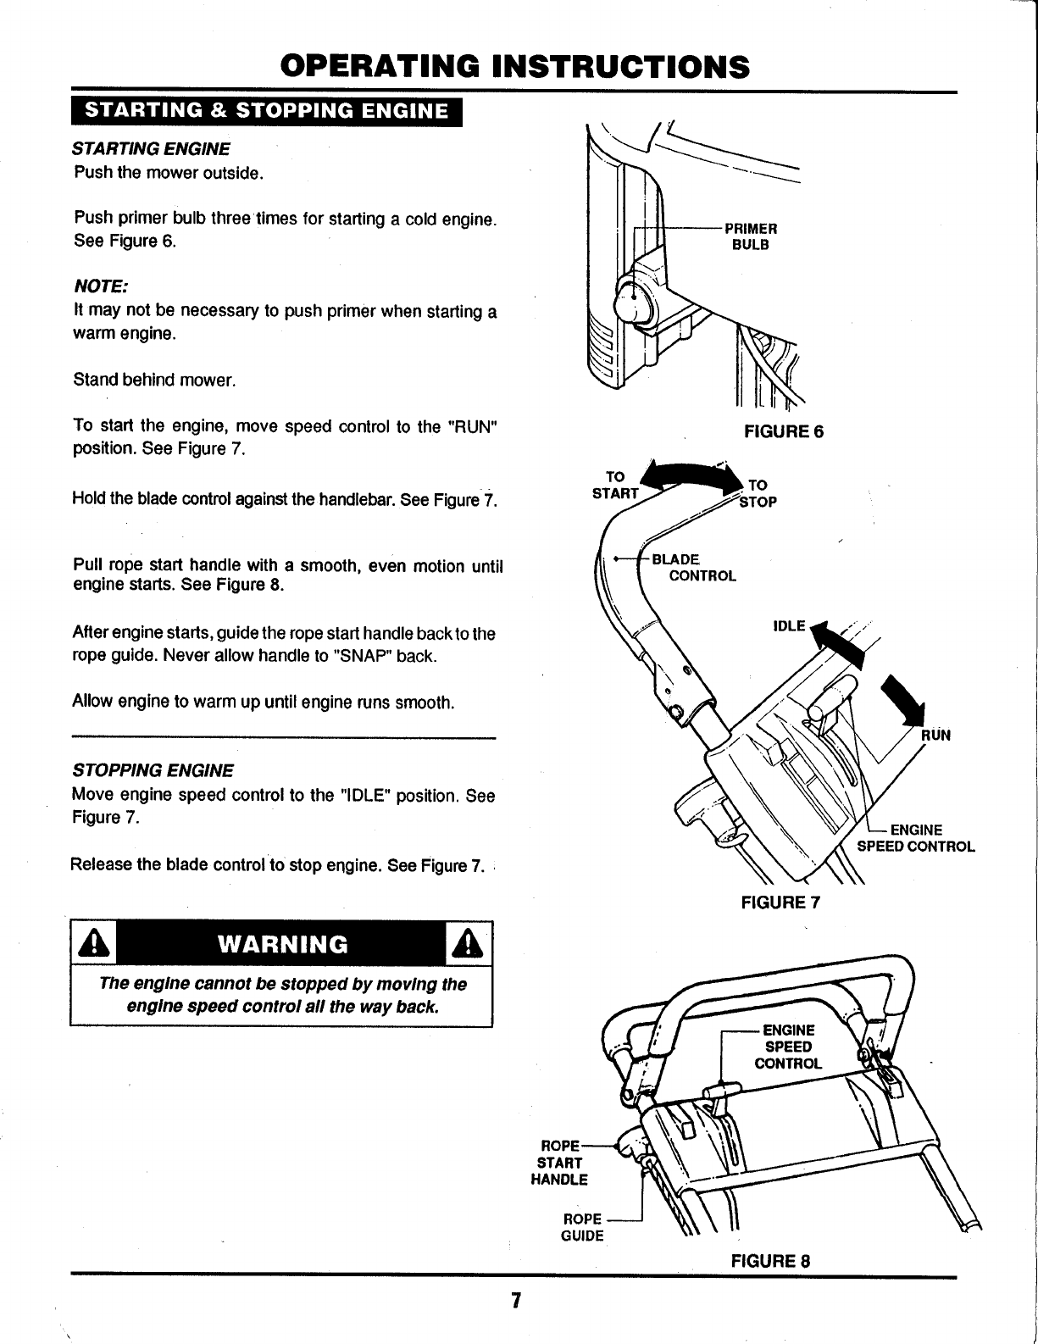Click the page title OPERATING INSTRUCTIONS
(515, 65)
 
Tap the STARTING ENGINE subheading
(152, 149)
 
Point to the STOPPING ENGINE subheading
(153, 771)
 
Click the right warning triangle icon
(468, 943)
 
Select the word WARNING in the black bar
(282, 944)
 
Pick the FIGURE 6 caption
(783, 432)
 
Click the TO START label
(615, 486)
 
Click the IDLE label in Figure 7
(789, 626)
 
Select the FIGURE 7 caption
(780, 902)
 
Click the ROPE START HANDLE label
(559, 1162)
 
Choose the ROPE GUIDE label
(583, 1227)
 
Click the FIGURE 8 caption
(770, 1259)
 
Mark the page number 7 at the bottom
(514, 1301)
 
